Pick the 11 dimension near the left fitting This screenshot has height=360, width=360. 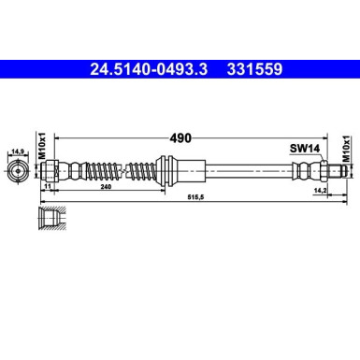47,189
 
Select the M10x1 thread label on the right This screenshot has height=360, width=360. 344,151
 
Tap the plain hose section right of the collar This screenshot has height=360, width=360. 243,171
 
